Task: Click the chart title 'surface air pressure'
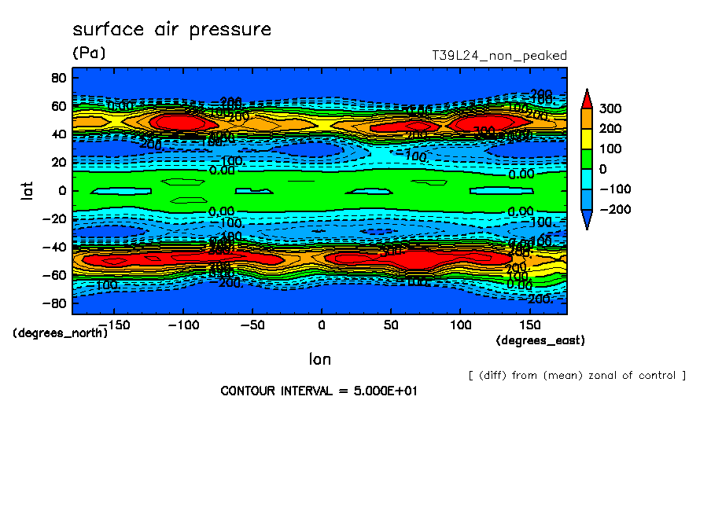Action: pos(171,30)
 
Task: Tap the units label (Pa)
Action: pos(88,53)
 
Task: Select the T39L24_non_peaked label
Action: pos(499,56)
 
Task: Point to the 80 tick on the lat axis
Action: pos(58,77)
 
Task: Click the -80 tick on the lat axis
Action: pos(54,303)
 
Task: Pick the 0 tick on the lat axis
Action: pos(62,190)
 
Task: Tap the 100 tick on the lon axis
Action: pos(460,324)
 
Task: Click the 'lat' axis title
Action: pos(27,189)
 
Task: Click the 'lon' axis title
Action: pos(319,359)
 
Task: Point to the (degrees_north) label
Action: pos(60,332)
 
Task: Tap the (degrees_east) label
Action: pos(540,340)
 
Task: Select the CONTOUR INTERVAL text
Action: pos(319,391)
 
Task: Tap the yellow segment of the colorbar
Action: pos(586,138)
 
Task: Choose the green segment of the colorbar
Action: pos(586,159)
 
